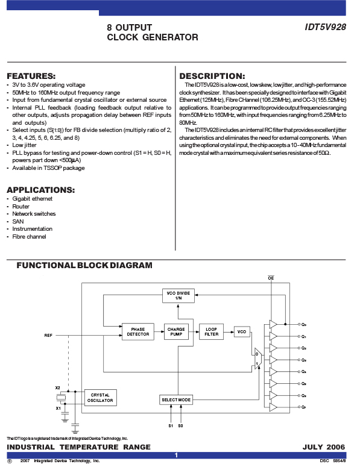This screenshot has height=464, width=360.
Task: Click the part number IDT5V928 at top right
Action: pyautogui.click(x=326, y=27)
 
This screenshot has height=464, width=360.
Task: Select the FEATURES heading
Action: pyautogui.click(x=31, y=76)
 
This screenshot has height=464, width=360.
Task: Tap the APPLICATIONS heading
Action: pyautogui.click(x=41, y=190)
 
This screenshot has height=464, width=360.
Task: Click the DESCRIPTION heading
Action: pyautogui.click(x=212, y=76)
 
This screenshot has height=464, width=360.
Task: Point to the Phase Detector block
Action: pyautogui.click(x=138, y=331)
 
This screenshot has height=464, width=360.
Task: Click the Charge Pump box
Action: pyautogui.click(x=176, y=331)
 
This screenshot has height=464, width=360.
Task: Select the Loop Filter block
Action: pyautogui.click(x=212, y=331)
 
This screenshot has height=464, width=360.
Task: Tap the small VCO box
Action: pyautogui.click(x=242, y=331)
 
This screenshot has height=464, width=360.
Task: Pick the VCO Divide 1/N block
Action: pyautogui.click(x=178, y=296)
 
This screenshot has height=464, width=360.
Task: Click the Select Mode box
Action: pyautogui.click(x=176, y=400)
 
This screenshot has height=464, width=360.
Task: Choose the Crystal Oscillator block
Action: pyautogui.click(x=100, y=398)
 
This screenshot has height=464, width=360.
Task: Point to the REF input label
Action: pyautogui.click(x=48, y=335)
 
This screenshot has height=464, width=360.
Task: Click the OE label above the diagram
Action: pyautogui.click(x=271, y=278)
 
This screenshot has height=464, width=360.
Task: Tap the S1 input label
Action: pyautogui.click(x=171, y=426)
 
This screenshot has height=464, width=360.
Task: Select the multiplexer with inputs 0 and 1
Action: pyautogui.click(x=258, y=359)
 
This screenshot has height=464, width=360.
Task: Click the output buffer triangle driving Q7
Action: pyautogui.click(x=273, y=407)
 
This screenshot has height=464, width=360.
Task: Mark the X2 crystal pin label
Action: pyautogui.click(x=58, y=387)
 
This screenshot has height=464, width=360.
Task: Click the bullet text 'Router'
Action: pyautogui.click(x=21, y=207)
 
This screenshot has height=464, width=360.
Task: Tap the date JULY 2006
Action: pyautogui.click(x=324, y=447)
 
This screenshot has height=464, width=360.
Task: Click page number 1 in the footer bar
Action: pyautogui.click(x=177, y=455)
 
